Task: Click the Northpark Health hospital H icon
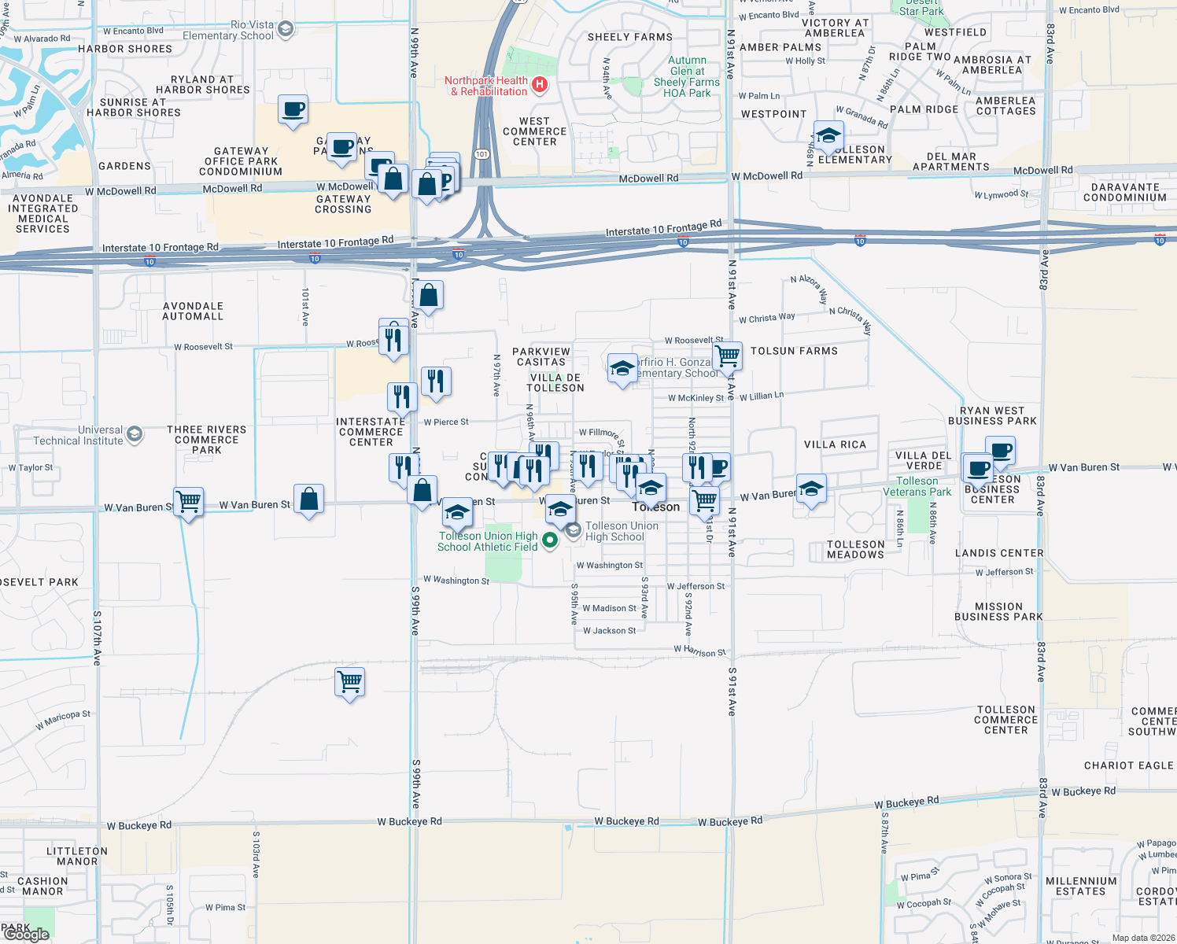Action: point(539,84)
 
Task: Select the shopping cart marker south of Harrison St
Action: point(349,681)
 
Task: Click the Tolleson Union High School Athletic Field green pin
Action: point(550,540)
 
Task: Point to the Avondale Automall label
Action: point(193,312)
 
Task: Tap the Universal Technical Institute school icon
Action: point(135,434)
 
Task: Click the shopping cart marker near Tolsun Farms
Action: point(728,356)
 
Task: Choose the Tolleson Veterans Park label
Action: point(917,486)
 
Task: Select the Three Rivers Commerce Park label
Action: point(206,440)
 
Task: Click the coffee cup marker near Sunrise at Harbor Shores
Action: point(293,110)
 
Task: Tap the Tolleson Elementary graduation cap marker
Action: point(828,137)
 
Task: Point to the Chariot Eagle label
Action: point(1128,765)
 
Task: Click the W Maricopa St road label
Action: point(63,720)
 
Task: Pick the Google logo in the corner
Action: point(26,934)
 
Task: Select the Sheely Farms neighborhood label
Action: point(630,37)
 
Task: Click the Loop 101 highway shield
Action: point(481,154)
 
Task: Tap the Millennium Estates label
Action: point(1081,887)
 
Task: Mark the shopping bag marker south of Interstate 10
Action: point(429,297)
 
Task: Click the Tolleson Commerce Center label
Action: point(1005,720)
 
